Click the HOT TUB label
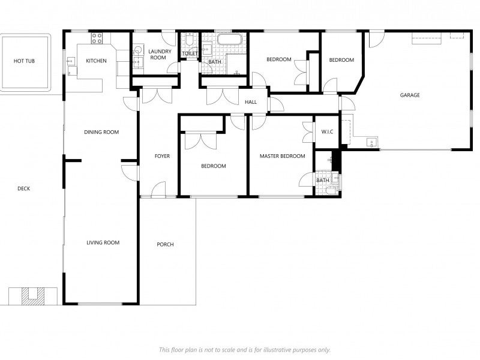click(25, 61)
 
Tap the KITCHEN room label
click(96, 61)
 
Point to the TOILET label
click(190, 54)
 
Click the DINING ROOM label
click(101, 133)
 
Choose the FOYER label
click(162, 157)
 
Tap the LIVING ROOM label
click(103, 243)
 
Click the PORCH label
click(165, 245)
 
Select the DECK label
click(23, 189)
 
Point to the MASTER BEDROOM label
click(282, 157)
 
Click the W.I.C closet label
click(327, 132)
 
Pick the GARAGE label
click(410, 95)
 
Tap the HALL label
click(251, 102)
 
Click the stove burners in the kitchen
click(97, 38)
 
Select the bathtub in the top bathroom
click(229, 40)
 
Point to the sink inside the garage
click(372, 143)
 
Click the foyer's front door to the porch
click(158, 191)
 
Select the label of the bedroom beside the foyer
click(214, 166)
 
